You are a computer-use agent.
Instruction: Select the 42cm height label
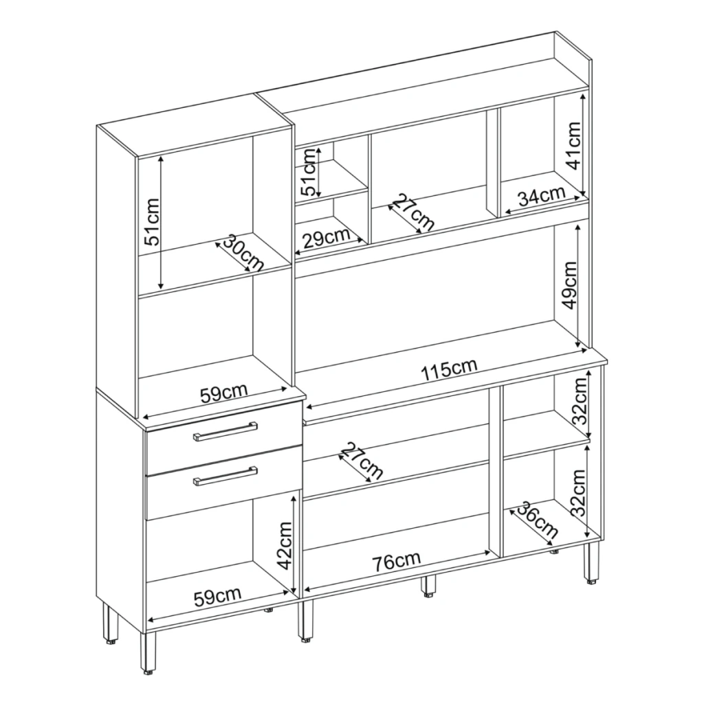pos(284,545)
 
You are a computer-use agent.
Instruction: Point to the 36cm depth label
pos(538,521)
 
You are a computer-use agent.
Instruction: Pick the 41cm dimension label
pos(573,145)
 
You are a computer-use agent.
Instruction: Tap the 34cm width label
pos(541,196)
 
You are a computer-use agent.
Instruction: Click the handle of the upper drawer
pos(225,432)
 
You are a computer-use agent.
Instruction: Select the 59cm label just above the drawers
pos(223,394)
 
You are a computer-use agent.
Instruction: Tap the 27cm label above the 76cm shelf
pos(362,460)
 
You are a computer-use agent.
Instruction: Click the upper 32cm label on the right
pos(580,401)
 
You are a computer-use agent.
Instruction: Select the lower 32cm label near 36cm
pos(579,492)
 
